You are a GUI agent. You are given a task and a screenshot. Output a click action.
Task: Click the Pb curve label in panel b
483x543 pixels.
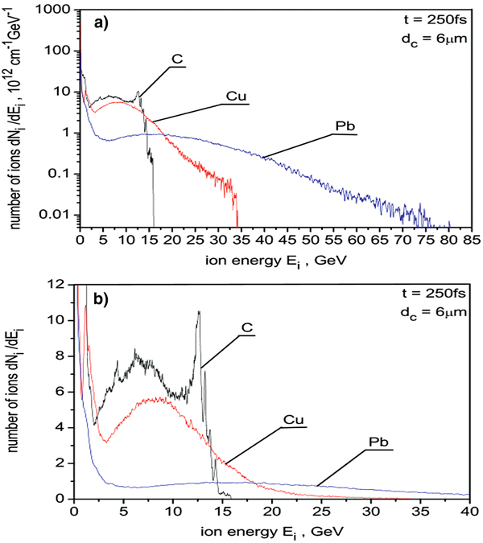coord(376,442)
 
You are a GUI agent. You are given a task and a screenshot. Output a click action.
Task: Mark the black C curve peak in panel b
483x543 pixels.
coord(198,313)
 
